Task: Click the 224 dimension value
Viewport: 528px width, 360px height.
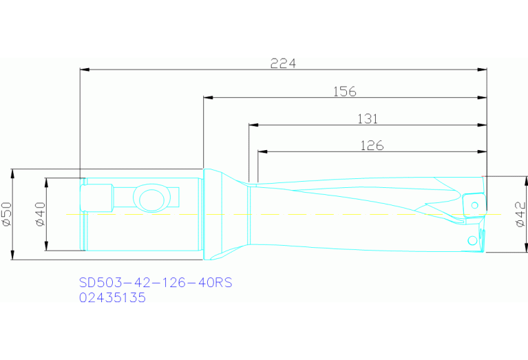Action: [283, 63]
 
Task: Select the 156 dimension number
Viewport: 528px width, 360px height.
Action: [344, 91]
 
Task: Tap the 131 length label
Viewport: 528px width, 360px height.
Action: [368, 118]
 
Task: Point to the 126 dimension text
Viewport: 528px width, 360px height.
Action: [372, 145]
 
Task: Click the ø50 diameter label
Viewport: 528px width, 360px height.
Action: [7, 214]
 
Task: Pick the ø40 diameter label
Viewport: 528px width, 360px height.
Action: [39, 214]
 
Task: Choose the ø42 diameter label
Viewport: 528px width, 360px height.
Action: [520, 214]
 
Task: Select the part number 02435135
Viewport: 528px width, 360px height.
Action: [113, 297]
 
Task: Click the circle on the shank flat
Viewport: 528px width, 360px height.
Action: [151, 199]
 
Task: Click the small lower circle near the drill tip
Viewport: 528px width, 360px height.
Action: [472, 240]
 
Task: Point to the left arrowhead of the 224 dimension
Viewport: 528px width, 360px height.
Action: [84, 70]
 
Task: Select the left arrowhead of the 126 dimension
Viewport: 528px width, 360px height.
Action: [261, 151]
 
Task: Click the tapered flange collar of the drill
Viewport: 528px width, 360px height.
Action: [224, 214]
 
